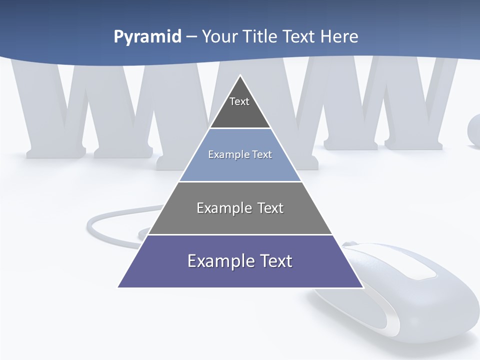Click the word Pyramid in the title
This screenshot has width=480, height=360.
pos(147,36)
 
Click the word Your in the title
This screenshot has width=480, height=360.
pos(220,36)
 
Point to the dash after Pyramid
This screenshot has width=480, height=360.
pos(191,37)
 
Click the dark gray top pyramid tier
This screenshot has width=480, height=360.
pos(240,112)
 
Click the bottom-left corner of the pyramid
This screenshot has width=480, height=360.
pos(118,287)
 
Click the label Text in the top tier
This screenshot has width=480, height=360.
pos(239,101)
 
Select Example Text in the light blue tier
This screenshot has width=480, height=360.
pos(240,154)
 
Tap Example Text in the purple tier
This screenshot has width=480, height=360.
pos(240,261)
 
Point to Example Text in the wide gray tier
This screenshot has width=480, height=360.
pos(240,208)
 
